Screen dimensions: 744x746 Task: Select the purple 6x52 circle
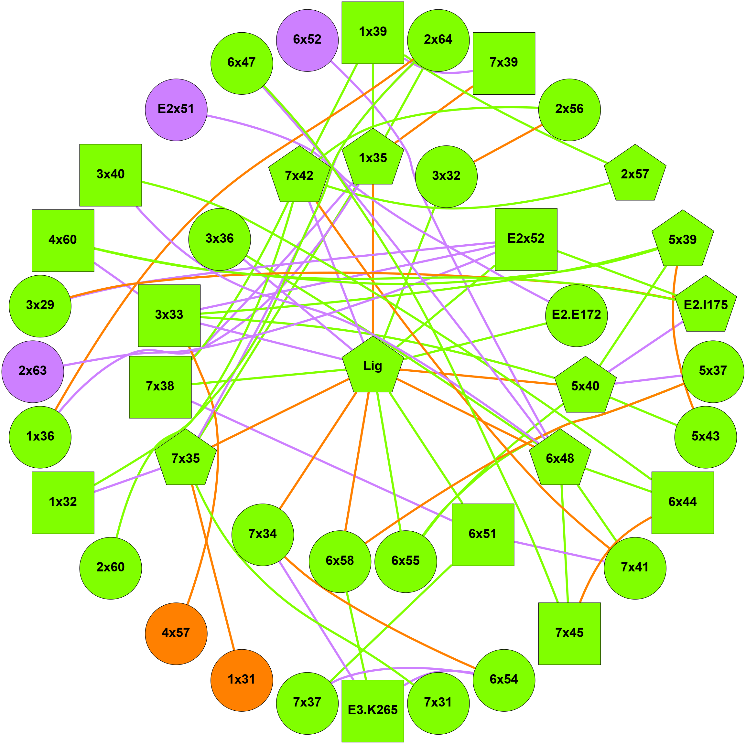(x=308, y=40)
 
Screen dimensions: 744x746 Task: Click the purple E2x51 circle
(x=176, y=110)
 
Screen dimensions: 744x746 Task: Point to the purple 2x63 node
(x=33, y=371)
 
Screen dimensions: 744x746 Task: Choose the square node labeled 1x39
(x=373, y=32)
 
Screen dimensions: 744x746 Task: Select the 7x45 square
(x=569, y=633)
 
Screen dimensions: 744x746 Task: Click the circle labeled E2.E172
(x=576, y=315)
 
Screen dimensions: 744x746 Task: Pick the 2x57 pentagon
(x=635, y=175)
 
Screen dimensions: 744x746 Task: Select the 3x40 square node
(x=111, y=175)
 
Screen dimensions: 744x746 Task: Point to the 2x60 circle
(x=111, y=568)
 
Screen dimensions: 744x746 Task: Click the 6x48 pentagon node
(x=559, y=459)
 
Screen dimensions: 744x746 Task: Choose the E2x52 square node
(x=526, y=239)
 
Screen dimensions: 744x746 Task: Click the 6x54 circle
(x=503, y=680)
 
